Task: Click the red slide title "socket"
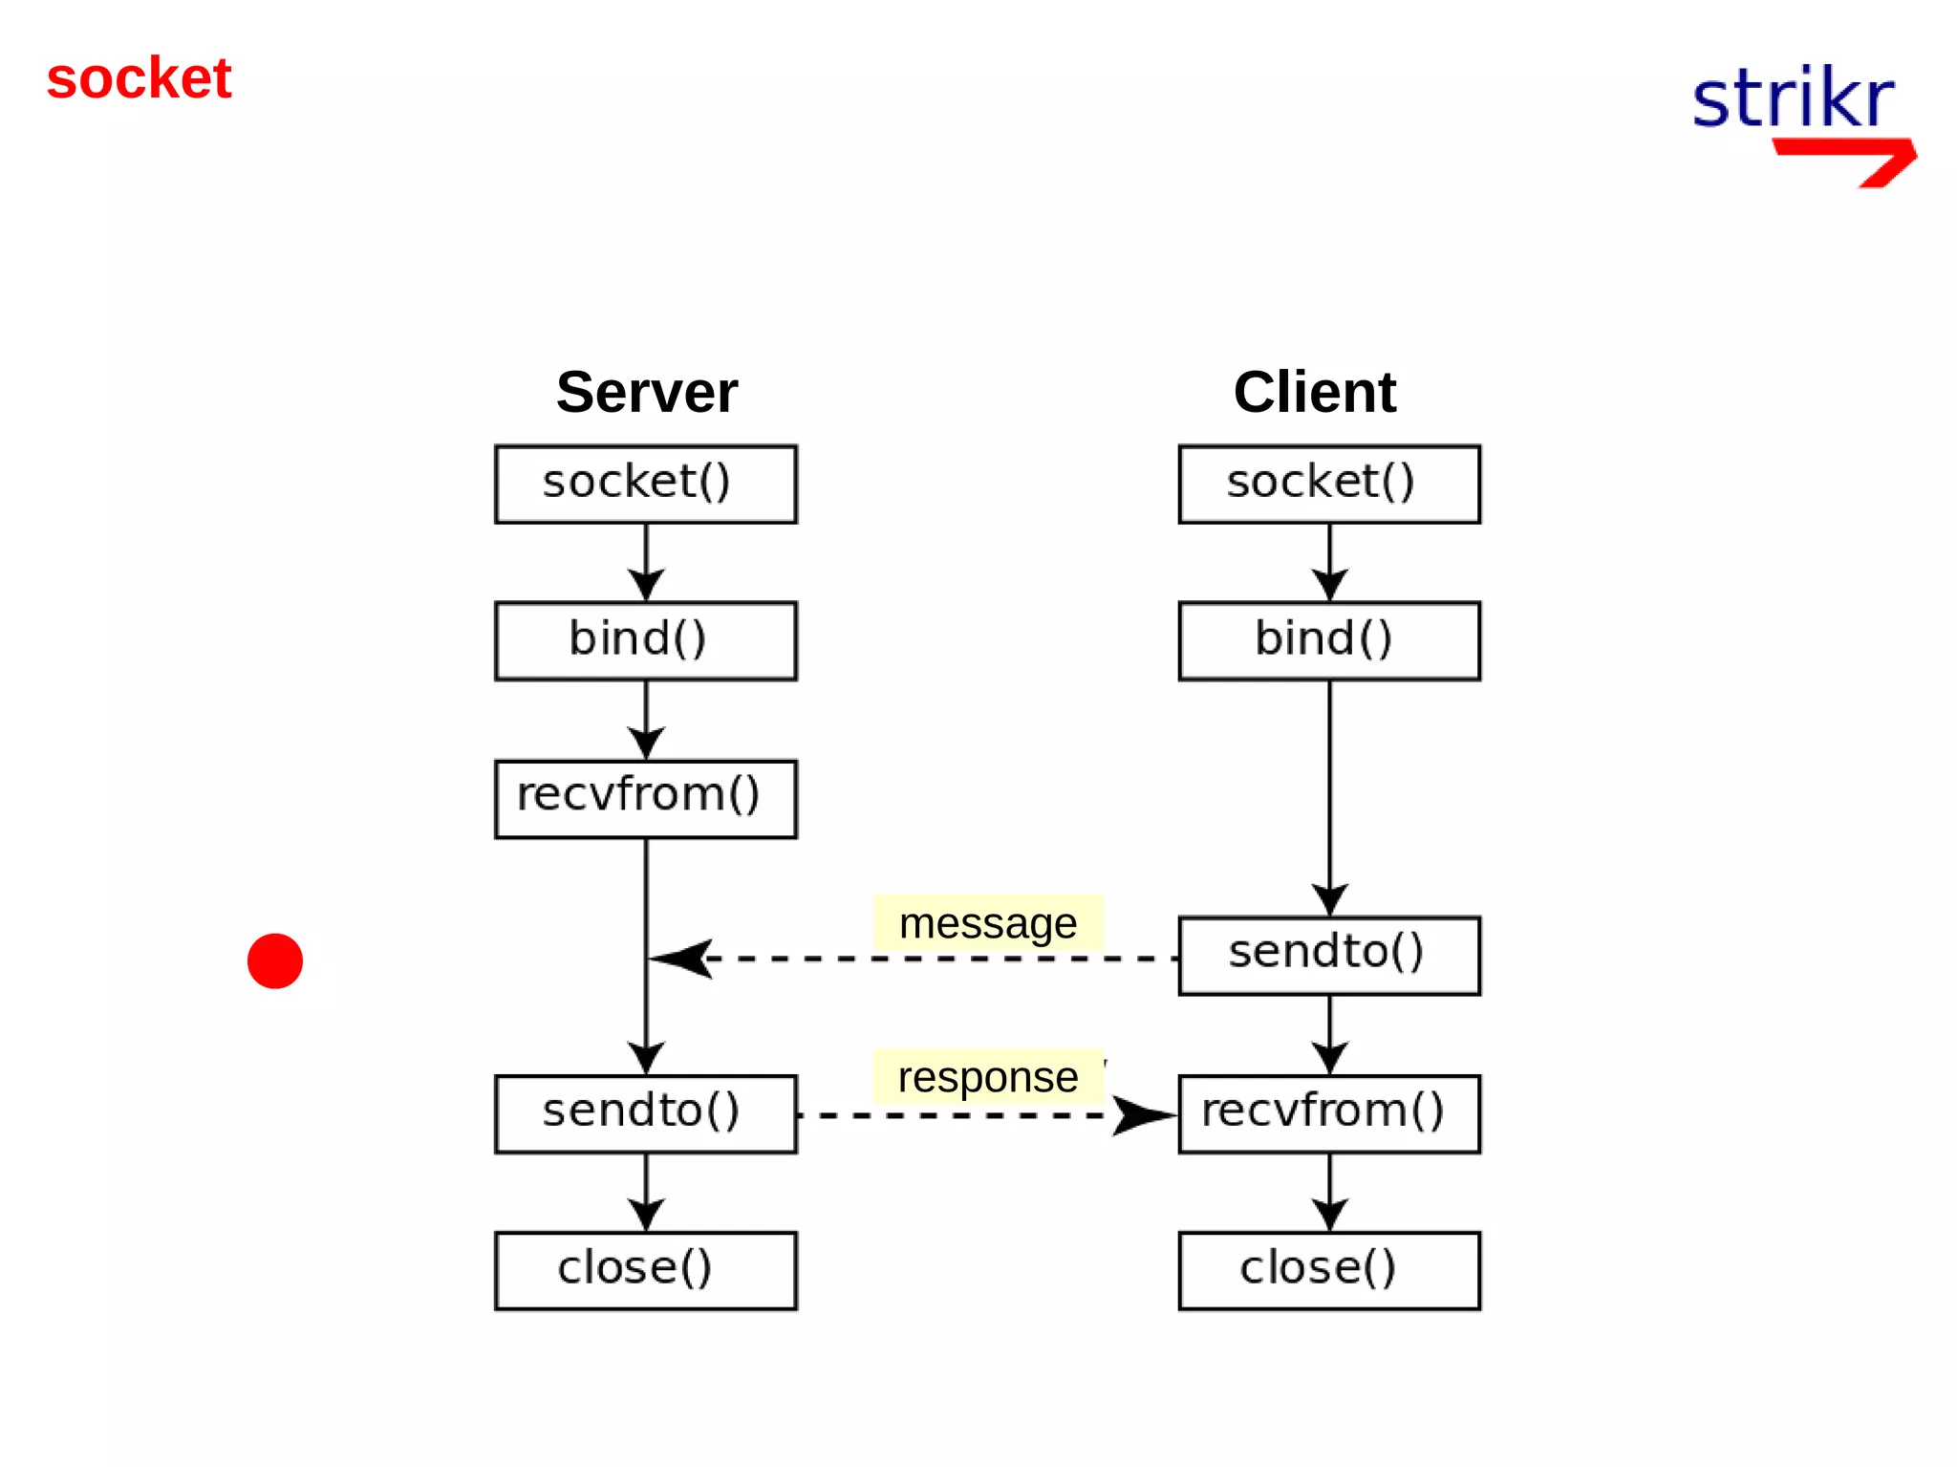point(139,78)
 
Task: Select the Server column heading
point(646,392)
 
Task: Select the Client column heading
point(1314,392)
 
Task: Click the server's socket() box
point(645,484)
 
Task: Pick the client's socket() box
point(1328,484)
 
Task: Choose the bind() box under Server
point(645,640)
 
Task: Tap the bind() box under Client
point(1328,640)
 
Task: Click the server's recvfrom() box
point(645,798)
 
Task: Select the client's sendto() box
point(1328,955)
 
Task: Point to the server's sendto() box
point(645,1113)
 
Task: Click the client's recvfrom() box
point(1328,1113)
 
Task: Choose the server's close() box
point(645,1270)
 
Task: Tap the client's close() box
point(1328,1270)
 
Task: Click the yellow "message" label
point(987,923)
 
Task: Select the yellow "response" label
point(987,1077)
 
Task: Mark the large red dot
point(274,960)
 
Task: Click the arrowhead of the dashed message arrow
point(680,958)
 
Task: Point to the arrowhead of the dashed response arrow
point(1142,1114)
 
